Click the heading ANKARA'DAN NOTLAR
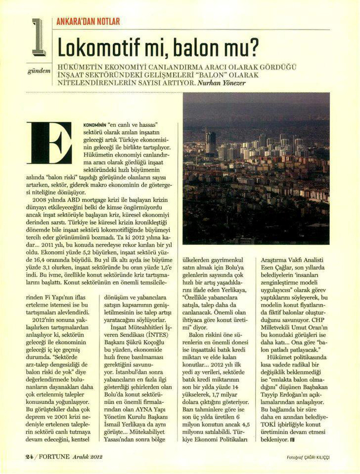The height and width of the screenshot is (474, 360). [x=88, y=22]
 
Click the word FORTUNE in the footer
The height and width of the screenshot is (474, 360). [x=59, y=456]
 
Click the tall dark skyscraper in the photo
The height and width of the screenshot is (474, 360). [x=210, y=143]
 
